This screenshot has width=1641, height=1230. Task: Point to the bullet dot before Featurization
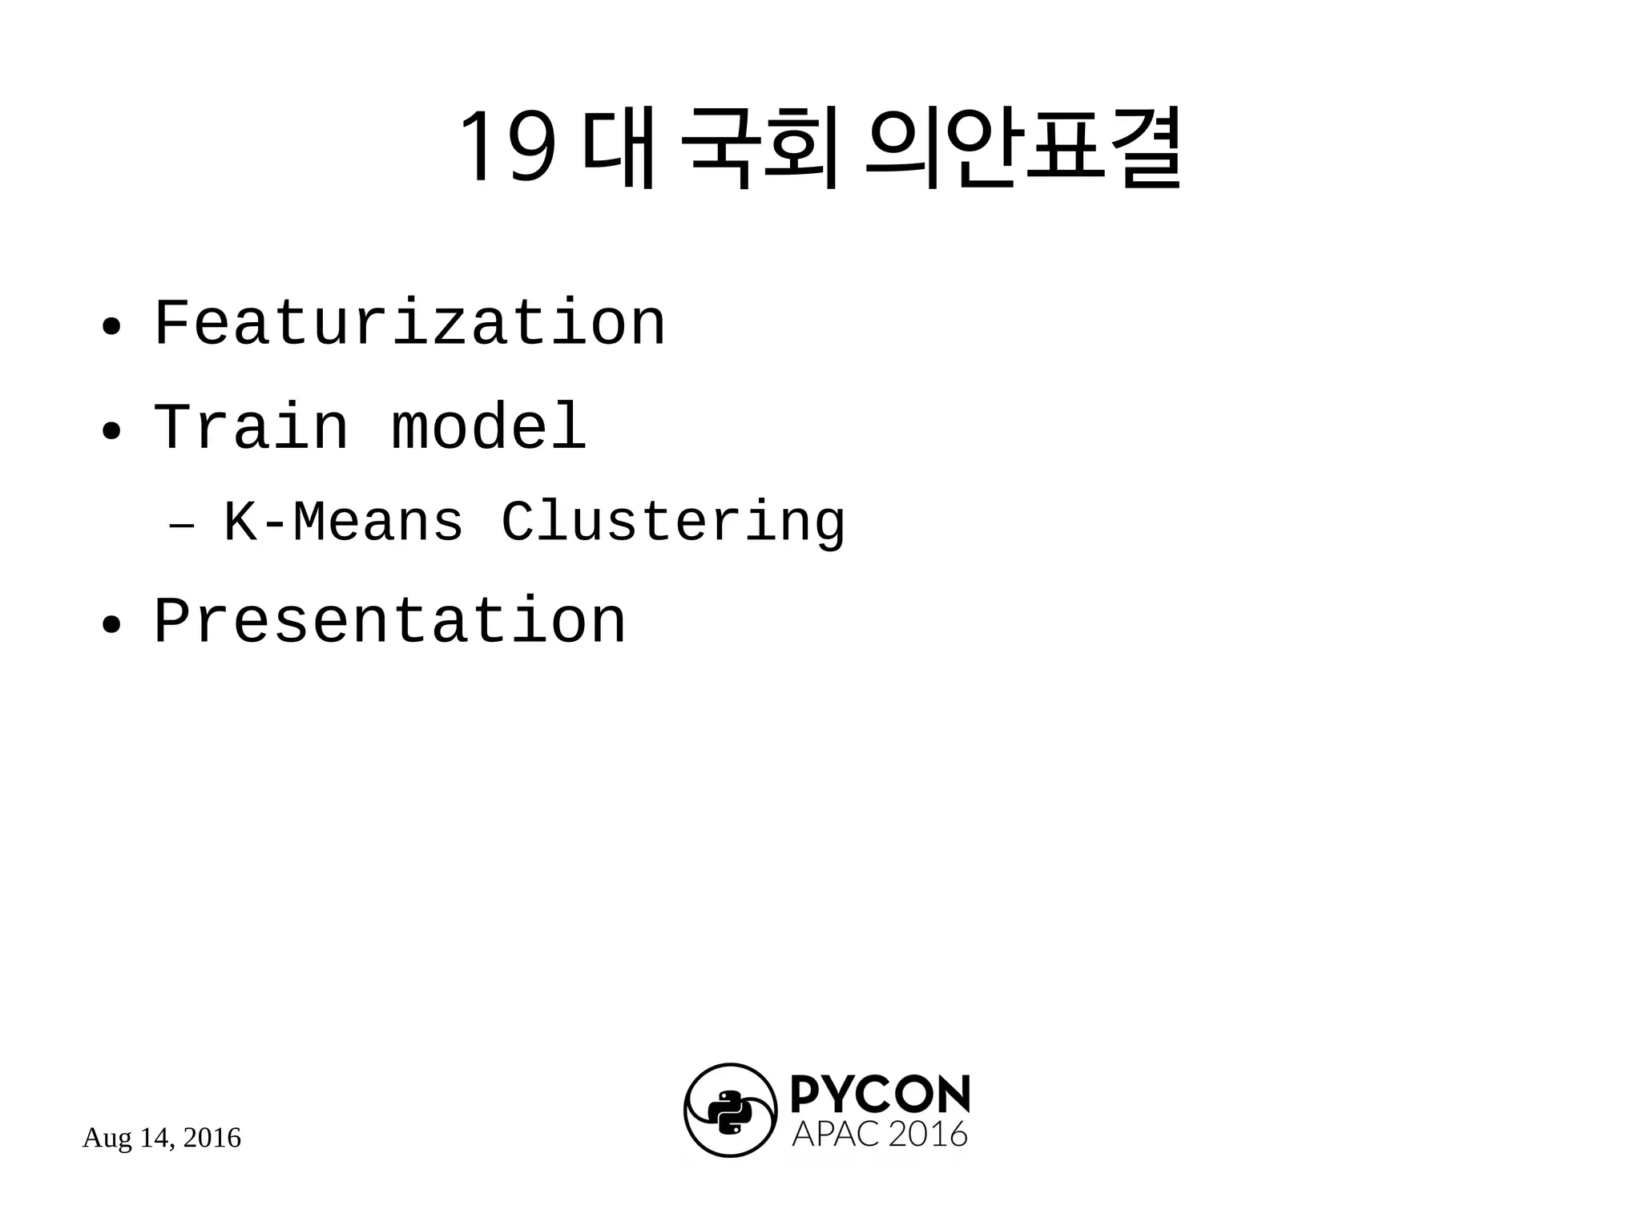pyautogui.click(x=111, y=327)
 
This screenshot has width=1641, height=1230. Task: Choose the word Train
pyautogui.click(x=251, y=426)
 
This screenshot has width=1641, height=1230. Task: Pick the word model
pyautogui.click(x=489, y=426)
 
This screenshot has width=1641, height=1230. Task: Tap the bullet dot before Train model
pyautogui.click(x=111, y=431)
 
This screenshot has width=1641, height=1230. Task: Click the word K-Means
pyautogui.click(x=343, y=522)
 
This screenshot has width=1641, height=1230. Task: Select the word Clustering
pyautogui.click(x=673, y=523)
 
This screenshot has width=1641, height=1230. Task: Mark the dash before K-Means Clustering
pyautogui.click(x=182, y=526)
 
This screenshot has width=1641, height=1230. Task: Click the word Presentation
pyautogui.click(x=389, y=621)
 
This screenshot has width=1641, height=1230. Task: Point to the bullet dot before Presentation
pyautogui.click(x=111, y=624)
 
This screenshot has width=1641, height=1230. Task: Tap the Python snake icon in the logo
pyautogui.click(x=730, y=1111)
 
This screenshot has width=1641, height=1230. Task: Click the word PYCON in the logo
pyautogui.click(x=880, y=1095)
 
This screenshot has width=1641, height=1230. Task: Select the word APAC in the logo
pyautogui.click(x=836, y=1135)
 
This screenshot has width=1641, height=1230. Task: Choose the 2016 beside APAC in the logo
pyautogui.click(x=928, y=1135)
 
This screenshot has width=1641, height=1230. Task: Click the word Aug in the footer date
pyautogui.click(x=107, y=1139)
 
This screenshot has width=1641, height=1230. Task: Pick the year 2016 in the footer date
pyautogui.click(x=212, y=1138)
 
